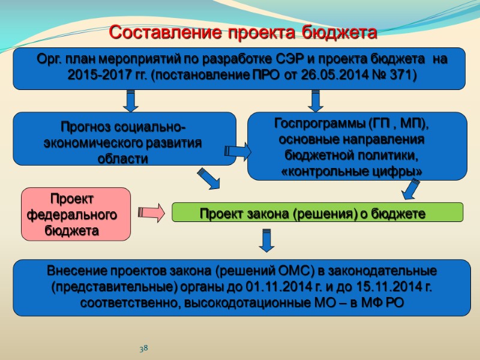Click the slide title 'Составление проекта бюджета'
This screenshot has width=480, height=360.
click(243, 32)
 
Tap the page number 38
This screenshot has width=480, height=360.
click(144, 349)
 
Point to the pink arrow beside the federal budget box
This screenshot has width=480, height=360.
click(151, 212)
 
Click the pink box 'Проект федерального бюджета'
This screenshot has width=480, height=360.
click(76, 214)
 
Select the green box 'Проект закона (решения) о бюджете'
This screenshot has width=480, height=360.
click(317, 212)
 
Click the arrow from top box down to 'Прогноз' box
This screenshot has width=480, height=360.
click(129, 100)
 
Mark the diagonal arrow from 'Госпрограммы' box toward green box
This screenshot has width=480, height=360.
click(411, 188)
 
